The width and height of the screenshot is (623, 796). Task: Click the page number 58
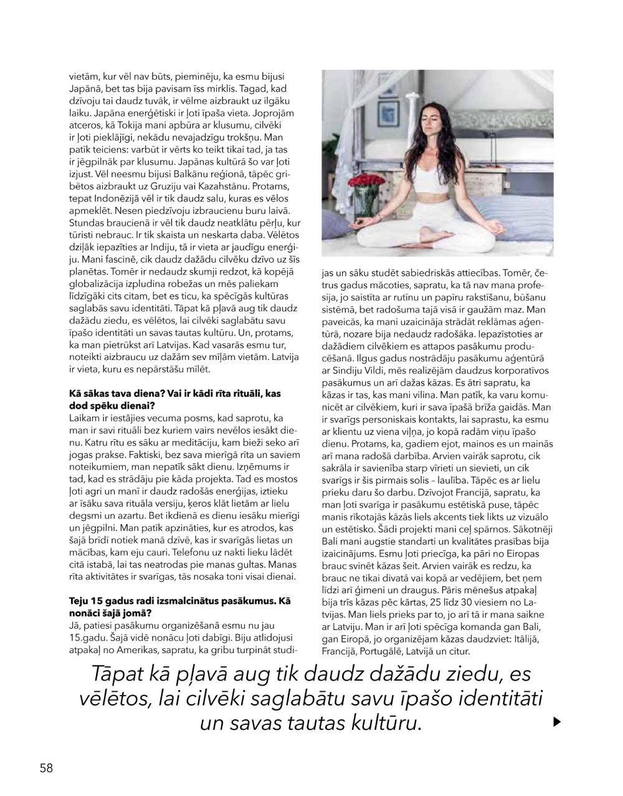click(x=46, y=768)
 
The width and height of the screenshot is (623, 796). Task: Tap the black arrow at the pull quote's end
click(x=558, y=722)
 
